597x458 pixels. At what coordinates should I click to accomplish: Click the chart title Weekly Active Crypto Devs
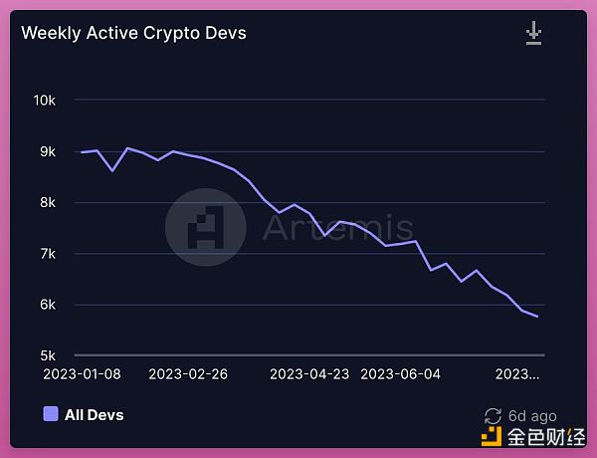pyautogui.click(x=133, y=33)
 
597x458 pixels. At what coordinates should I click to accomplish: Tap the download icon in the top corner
pyautogui.click(x=534, y=34)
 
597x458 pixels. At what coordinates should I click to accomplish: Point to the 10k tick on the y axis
pyautogui.click(x=44, y=101)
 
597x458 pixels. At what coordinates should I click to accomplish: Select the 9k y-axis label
pyautogui.click(x=47, y=151)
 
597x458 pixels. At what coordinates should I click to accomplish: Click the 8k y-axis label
pyautogui.click(x=47, y=203)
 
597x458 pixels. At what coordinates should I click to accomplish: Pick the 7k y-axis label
pyautogui.click(x=47, y=254)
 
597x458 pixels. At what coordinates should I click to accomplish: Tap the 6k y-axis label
pyautogui.click(x=47, y=305)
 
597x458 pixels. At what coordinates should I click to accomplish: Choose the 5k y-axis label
pyautogui.click(x=47, y=355)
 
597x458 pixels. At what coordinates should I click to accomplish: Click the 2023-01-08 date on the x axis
pyautogui.click(x=83, y=374)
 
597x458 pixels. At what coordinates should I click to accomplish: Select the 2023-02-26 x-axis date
pyautogui.click(x=189, y=374)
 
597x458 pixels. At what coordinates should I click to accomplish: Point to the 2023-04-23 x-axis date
pyautogui.click(x=310, y=374)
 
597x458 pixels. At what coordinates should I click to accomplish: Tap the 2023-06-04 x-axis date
pyautogui.click(x=400, y=374)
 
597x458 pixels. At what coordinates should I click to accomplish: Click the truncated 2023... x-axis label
pyautogui.click(x=517, y=374)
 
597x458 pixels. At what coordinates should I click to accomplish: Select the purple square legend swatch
pyautogui.click(x=51, y=414)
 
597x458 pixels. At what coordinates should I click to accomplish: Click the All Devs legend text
pyautogui.click(x=95, y=414)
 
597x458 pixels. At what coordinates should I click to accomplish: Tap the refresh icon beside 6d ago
pyautogui.click(x=492, y=416)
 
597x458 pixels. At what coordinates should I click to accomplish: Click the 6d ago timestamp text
pyautogui.click(x=532, y=416)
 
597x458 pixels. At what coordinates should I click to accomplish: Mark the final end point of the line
pyautogui.click(x=538, y=317)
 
